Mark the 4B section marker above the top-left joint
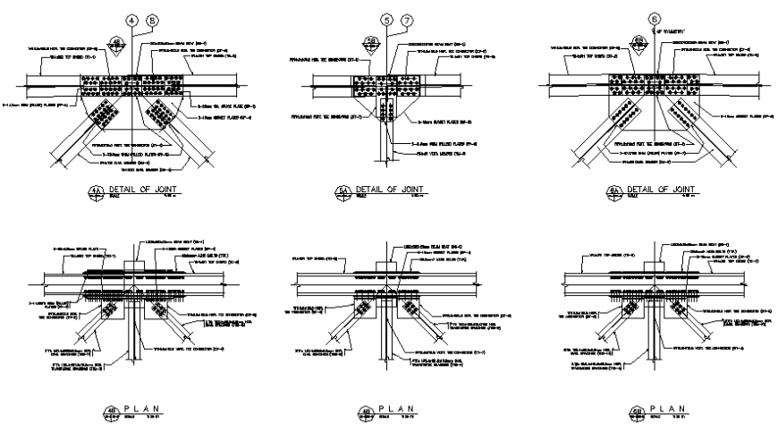(x=116, y=42)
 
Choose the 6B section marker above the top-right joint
(x=639, y=42)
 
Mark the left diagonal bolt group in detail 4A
(x=106, y=115)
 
